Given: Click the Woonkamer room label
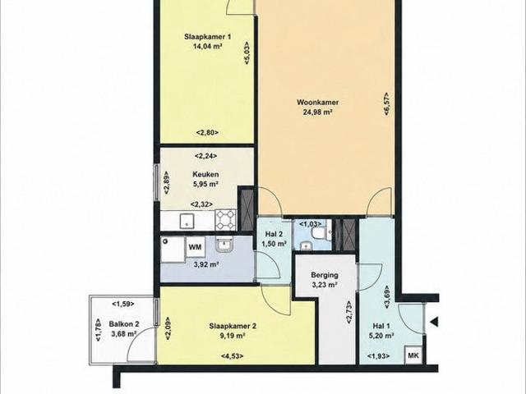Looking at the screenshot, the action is pos(317,102).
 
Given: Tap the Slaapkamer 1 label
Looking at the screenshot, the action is pos(208,36).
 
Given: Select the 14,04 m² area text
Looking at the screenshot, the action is pos(208,46).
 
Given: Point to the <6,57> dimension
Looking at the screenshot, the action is pos(387,103).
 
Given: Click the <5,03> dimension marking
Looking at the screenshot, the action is pos(247,53).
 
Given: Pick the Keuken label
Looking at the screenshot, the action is pos(205,174).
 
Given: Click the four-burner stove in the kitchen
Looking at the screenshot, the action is pos(226,220).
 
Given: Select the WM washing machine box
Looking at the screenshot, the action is pos(196,247).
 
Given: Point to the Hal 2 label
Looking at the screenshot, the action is pos(274,234).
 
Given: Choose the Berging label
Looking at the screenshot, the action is pos(325,275).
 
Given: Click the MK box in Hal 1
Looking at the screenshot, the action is pos(413,355).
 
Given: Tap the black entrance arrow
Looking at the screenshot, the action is pos(435,323).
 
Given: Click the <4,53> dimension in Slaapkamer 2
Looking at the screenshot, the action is pos(232,355).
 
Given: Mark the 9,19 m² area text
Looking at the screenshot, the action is pos(233,336).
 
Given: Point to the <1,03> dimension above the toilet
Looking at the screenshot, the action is pos(311,223).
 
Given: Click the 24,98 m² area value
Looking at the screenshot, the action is pos(318,112).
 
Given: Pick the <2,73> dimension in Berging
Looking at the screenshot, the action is pos(348,312).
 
